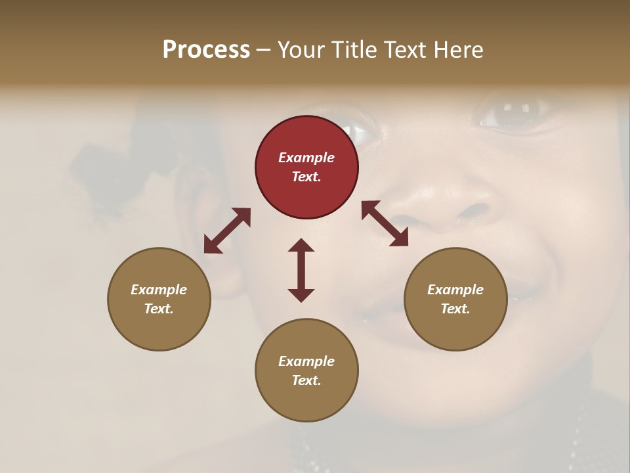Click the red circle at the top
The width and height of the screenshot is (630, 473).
pos(306,167)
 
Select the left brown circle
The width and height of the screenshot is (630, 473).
pos(159,299)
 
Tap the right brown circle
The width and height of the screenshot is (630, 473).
pos(455,299)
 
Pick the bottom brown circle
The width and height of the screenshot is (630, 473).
pos(306,370)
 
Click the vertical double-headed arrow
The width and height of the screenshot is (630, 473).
pos(301,270)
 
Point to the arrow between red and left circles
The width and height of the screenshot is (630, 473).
pos(227,230)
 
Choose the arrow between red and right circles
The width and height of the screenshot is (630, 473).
pos(385,224)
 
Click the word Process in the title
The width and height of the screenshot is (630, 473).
pos(206,50)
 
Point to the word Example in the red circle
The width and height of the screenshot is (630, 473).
pos(306,158)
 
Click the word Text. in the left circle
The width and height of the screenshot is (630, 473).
pos(159,309)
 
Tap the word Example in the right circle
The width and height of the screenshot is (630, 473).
pos(455,290)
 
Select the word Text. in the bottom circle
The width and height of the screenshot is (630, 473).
pos(306,380)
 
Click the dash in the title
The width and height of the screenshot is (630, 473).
pos(264,51)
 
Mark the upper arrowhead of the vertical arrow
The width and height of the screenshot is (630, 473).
pos(301,245)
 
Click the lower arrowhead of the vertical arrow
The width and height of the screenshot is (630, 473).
pos(301,295)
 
